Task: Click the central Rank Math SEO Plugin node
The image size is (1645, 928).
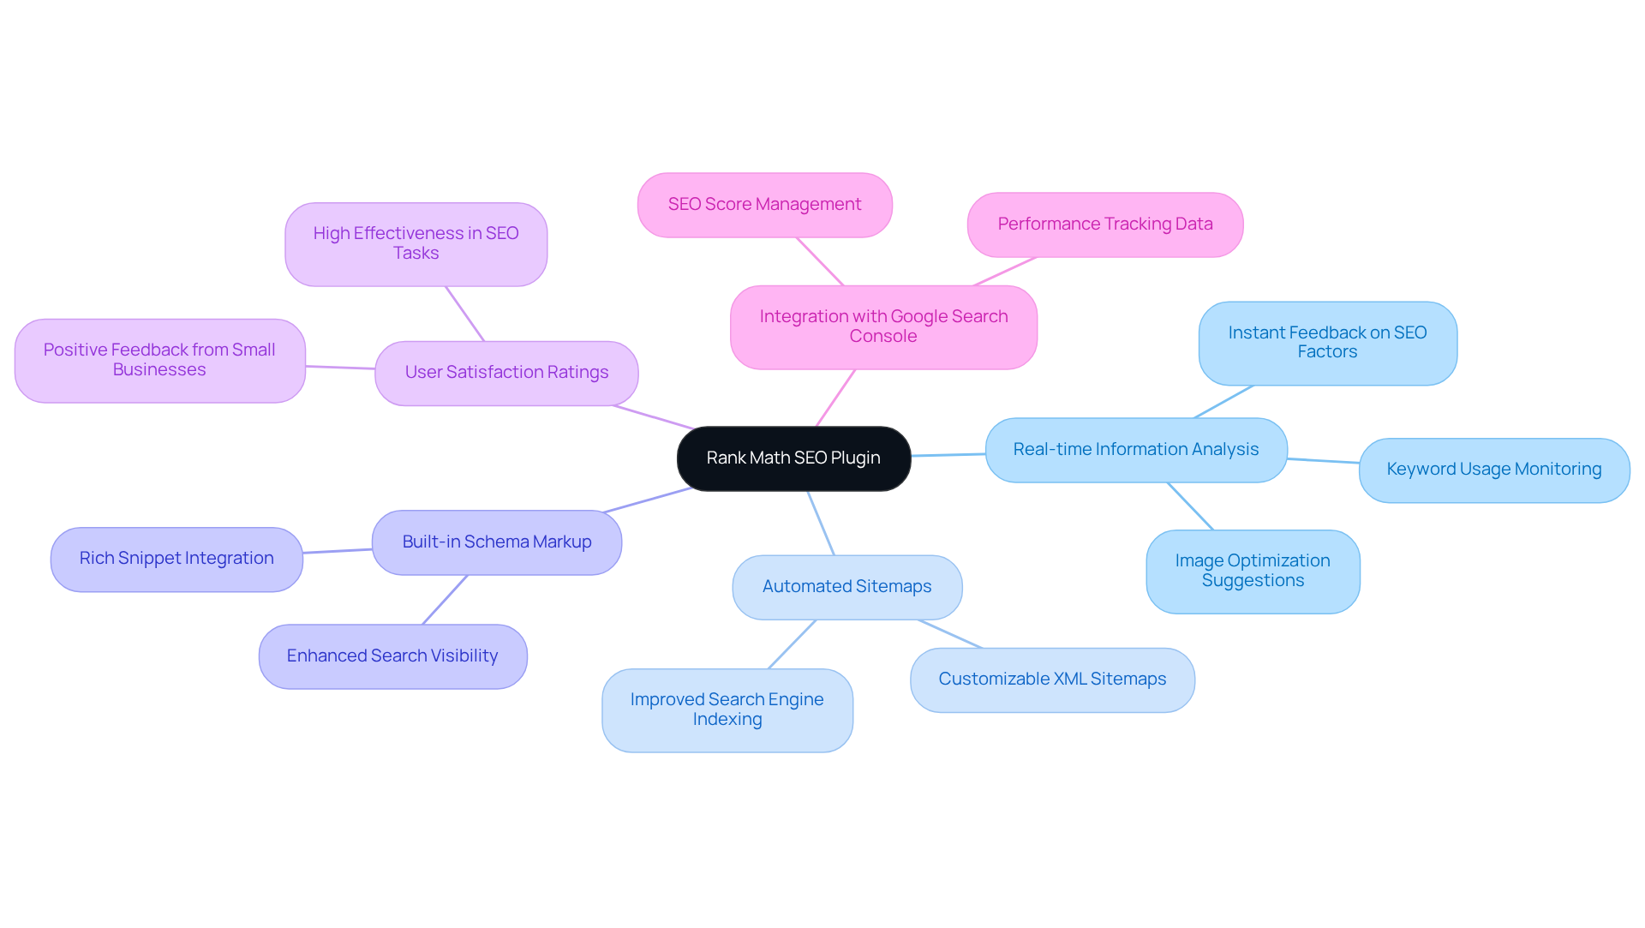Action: [x=793, y=458]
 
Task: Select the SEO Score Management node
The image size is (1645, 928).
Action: [x=764, y=205]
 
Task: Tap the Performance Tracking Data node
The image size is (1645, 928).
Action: [x=1104, y=225]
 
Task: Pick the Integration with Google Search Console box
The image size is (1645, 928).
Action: [x=883, y=326]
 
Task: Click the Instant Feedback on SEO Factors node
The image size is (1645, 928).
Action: [x=1327, y=343]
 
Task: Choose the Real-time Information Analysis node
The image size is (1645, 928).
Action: [x=1135, y=450]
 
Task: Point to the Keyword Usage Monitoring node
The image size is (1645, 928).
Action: [x=1493, y=470]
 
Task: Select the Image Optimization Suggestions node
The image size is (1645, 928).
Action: [x=1252, y=571]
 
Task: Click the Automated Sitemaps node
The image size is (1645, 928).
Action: [x=846, y=587]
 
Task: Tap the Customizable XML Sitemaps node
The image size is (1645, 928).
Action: [x=1051, y=680]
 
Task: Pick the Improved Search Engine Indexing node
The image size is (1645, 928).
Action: [x=727, y=709]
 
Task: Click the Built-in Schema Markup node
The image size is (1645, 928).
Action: [x=496, y=542]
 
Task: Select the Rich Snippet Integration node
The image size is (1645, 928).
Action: [x=176, y=559]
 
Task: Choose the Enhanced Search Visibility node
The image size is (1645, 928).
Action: [x=392, y=656]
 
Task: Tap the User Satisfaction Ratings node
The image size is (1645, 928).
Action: [x=506, y=373]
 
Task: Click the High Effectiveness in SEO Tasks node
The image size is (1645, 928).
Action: [x=416, y=243]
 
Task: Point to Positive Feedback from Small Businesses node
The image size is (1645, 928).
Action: [x=159, y=360]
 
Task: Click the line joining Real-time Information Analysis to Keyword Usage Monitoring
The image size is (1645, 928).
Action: [x=1323, y=461]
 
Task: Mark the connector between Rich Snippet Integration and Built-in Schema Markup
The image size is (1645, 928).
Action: [x=338, y=551]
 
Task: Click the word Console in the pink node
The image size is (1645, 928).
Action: [x=882, y=337]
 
